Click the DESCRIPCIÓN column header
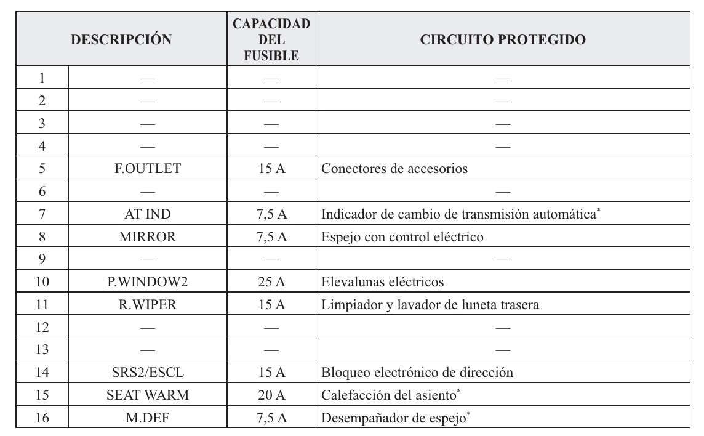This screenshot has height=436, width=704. click(x=121, y=40)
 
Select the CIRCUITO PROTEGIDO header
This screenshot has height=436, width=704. click(x=502, y=40)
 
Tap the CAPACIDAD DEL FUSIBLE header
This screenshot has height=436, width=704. click(x=271, y=40)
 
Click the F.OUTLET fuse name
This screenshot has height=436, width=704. click(x=148, y=169)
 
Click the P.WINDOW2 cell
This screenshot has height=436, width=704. click(x=148, y=282)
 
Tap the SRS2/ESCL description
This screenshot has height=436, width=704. click(x=148, y=372)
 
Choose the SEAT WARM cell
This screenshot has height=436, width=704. click(x=148, y=395)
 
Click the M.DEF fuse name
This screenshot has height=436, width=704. click(x=148, y=418)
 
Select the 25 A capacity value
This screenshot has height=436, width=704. click(x=271, y=282)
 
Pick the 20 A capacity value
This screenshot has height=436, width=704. click(x=271, y=395)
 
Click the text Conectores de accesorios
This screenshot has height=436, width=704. click(x=394, y=169)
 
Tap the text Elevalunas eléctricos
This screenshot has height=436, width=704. click(x=383, y=282)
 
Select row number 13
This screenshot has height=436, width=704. click(x=42, y=350)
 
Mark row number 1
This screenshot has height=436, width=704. click(x=42, y=78)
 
